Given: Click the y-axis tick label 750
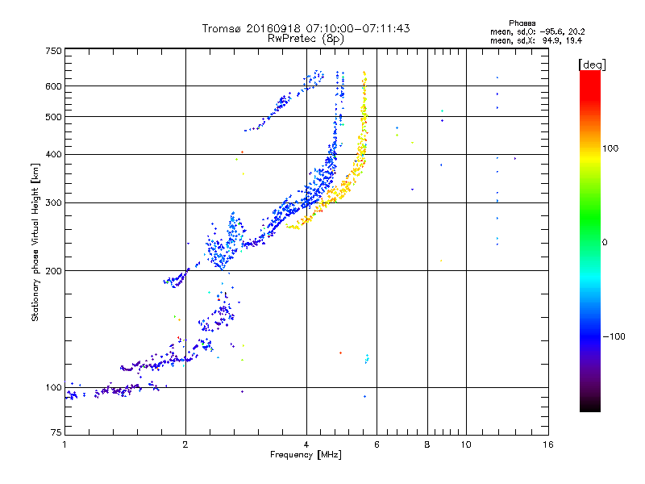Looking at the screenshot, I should click(52, 51).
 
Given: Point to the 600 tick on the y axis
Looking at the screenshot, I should click(52, 86).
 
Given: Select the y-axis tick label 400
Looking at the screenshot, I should click(52, 154).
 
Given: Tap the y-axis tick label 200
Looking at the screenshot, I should click(52, 271).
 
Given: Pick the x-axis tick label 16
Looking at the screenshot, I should click(548, 444).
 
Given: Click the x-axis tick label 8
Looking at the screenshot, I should click(427, 444).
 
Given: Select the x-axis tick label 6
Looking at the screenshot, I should click(377, 444).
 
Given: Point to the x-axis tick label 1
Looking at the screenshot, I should click(64, 444).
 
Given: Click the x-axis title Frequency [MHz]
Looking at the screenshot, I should click(306, 456).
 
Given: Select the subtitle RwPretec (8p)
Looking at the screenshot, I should click(306, 38).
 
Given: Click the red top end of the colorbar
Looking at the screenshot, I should click(589, 74).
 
